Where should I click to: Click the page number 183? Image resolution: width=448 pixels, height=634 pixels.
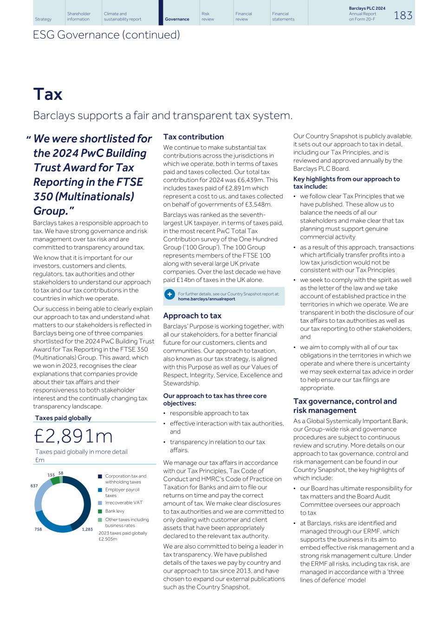403,15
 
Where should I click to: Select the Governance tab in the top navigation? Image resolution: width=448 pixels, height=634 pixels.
177,19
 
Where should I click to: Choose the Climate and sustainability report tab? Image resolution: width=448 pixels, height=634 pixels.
123,16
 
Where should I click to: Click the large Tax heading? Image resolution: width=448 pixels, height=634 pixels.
48,94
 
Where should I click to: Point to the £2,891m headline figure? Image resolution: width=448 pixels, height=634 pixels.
73,436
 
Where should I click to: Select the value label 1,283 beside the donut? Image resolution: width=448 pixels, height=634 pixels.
87,529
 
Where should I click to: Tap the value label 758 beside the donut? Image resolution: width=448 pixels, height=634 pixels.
38,529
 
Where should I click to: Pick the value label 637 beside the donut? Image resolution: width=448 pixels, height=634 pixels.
34,486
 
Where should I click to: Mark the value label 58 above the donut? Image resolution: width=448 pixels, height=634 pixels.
61,473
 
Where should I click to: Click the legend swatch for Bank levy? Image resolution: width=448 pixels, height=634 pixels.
100,511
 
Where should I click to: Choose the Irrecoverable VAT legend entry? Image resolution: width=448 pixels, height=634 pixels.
123,503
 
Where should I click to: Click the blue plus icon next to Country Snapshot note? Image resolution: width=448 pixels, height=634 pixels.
170,294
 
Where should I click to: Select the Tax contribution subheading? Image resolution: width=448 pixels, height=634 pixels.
193,137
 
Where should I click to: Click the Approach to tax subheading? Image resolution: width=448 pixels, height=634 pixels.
192,315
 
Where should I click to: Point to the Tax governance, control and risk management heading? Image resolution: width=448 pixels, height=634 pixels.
344,405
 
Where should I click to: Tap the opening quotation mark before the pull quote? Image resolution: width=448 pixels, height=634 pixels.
28,138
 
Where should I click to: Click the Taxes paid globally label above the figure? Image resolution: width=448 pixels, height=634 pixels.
63,418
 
